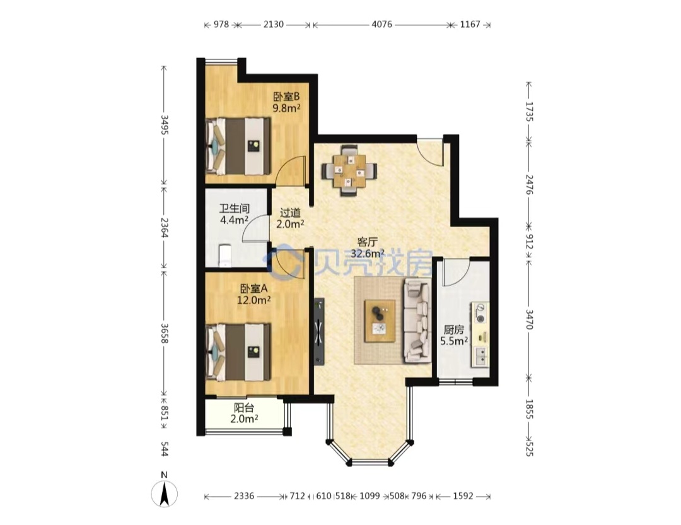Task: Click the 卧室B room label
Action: tap(286, 96)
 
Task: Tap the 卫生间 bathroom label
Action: tap(234, 209)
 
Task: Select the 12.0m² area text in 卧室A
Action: tap(254, 300)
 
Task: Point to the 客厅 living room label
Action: tap(367, 242)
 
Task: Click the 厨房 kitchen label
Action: tap(453, 330)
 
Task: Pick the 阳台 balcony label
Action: tap(244, 408)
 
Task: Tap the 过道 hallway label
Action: tap(290, 213)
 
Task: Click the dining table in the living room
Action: tap(349, 170)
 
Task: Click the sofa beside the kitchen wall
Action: tap(417, 321)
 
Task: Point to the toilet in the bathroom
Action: tap(224, 256)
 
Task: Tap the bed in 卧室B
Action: tap(238, 146)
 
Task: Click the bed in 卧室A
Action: tap(238, 352)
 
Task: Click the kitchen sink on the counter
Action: tap(480, 357)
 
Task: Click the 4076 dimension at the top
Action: tap(381, 25)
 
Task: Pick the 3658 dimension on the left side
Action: tap(164, 333)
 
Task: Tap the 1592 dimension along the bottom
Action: tap(463, 496)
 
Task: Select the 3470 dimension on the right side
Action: tap(529, 319)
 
